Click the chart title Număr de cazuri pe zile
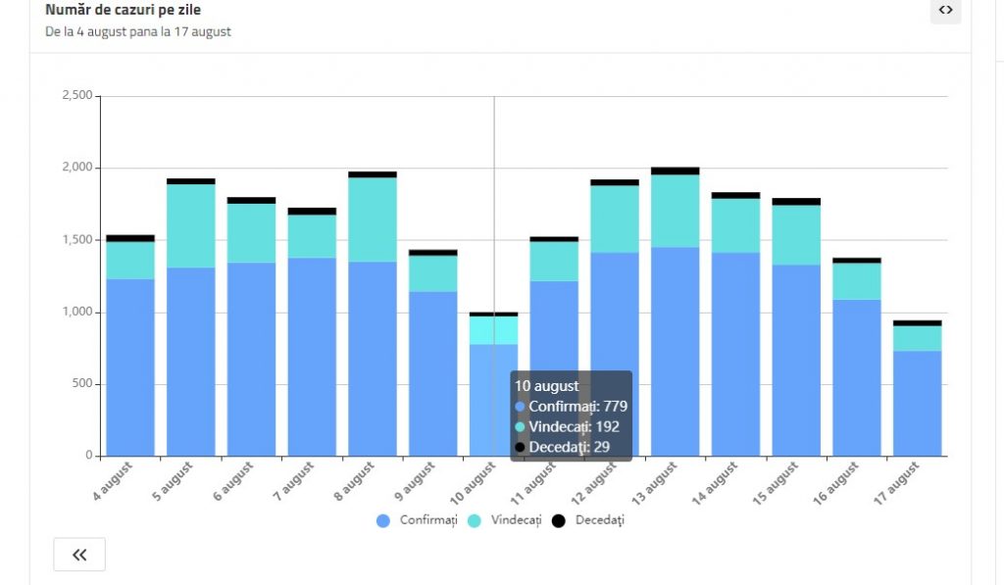123,10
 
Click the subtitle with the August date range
138,31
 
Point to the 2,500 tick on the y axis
76,96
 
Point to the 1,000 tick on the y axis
76,312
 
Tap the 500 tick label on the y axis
81,384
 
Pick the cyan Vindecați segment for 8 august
373,219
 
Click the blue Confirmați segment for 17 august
917,403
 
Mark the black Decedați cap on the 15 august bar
796,202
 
